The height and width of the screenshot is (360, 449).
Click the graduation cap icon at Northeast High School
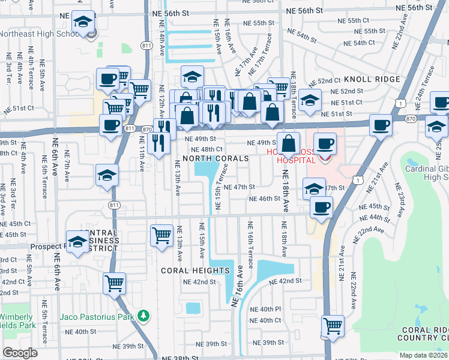coord(82,23)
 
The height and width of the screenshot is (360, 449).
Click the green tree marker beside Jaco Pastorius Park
coord(143,315)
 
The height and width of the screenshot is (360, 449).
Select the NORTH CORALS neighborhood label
coord(215,158)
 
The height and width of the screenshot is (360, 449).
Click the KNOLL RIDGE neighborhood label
coord(372,80)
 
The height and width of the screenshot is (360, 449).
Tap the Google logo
coord(20,353)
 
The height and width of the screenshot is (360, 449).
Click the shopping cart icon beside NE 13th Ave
coord(161,235)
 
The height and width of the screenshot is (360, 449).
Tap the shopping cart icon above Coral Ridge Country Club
coord(333,326)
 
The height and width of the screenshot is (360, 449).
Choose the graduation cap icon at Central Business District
coord(78,241)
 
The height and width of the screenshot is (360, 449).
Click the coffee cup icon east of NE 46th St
coord(321,208)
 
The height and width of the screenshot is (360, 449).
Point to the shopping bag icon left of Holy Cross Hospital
coord(289,144)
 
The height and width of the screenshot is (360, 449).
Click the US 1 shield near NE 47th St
coord(358,180)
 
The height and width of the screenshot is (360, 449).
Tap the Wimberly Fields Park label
coord(17,321)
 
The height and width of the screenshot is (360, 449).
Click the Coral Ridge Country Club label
coord(424,334)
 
